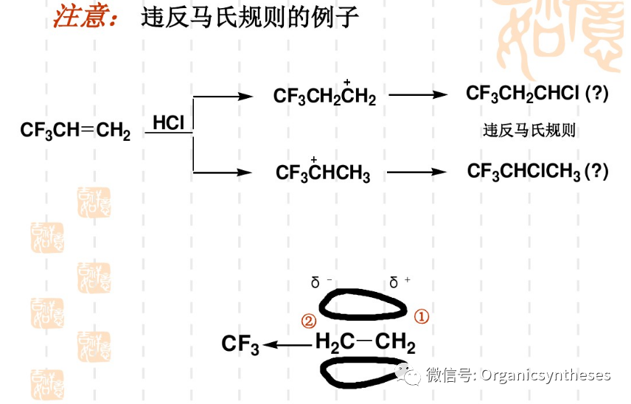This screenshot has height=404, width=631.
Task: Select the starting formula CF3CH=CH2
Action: (x=75, y=131)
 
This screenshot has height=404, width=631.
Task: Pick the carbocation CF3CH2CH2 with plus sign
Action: (x=324, y=96)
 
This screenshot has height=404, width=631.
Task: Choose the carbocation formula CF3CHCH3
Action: (x=323, y=173)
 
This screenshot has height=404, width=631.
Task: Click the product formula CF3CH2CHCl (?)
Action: (x=537, y=94)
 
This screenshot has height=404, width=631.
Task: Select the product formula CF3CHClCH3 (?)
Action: (x=538, y=172)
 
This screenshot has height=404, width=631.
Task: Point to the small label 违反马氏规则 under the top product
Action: (x=529, y=131)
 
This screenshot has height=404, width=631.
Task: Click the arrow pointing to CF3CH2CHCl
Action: (x=418, y=95)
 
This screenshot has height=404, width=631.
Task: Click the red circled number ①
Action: (x=421, y=317)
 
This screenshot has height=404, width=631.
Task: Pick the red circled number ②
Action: (x=309, y=321)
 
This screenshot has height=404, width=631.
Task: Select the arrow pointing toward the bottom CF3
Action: (x=287, y=344)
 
